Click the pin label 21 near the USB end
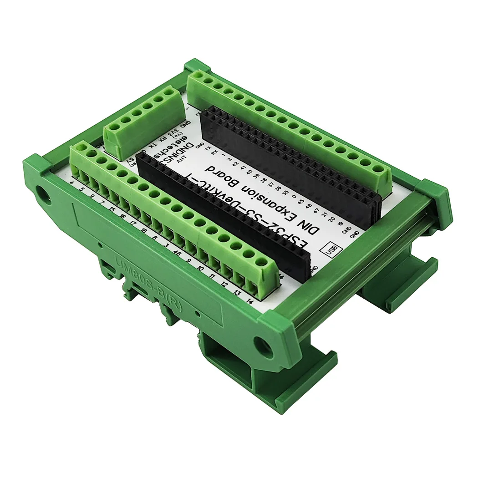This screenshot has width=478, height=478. (x=325, y=214)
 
